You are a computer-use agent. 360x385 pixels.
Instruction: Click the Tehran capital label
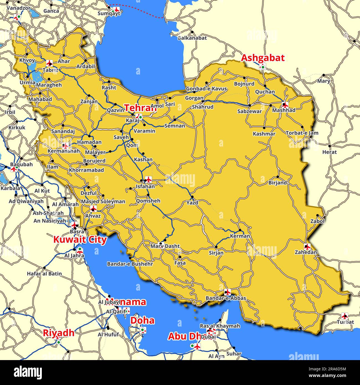click(140, 108)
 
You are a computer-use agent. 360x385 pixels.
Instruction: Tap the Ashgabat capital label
click(263, 58)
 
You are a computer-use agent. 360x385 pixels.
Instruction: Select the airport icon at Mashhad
click(285, 105)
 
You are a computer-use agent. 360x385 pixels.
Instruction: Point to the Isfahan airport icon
click(148, 179)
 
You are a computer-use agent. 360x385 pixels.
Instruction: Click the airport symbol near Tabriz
click(50, 63)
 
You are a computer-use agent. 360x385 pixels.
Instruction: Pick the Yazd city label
click(192, 202)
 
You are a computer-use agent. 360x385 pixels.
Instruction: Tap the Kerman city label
click(240, 236)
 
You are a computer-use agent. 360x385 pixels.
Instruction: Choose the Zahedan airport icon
click(307, 247)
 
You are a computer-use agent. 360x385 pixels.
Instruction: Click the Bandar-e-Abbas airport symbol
click(227, 292)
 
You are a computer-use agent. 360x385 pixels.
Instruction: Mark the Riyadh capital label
click(58, 333)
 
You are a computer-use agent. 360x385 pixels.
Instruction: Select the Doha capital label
click(142, 320)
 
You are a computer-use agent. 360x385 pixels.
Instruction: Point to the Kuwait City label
click(80, 240)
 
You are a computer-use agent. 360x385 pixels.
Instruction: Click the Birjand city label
click(277, 183)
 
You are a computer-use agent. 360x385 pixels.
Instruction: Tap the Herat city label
click(329, 152)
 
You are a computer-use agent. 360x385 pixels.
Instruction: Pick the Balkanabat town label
click(192, 38)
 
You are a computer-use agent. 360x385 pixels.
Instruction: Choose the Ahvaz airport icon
click(93, 208)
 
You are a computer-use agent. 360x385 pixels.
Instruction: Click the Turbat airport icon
click(344, 316)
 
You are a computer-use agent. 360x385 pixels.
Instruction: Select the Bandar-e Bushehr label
click(130, 264)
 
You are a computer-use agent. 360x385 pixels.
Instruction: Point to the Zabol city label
click(317, 221)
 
